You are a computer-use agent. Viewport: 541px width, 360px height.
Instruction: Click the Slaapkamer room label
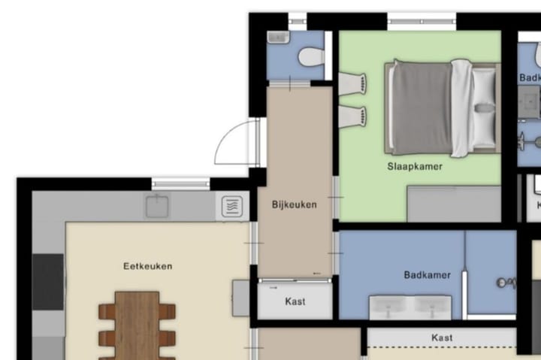coord(415,166)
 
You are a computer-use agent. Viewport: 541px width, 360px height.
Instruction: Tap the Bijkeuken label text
coord(294,204)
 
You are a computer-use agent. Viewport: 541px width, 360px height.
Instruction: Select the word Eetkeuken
coord(148,265)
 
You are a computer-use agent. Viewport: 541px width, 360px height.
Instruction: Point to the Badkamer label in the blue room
coord(427,275)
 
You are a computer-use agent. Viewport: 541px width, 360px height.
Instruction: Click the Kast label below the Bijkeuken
coord(295,301)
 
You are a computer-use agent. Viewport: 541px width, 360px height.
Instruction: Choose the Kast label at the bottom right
coord(442,337)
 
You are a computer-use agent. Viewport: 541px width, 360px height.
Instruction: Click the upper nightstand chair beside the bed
coord(353,83)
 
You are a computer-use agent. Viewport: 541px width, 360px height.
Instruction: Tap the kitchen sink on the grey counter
coord(157,204)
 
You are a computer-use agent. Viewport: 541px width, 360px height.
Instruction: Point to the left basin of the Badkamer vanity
coord(391,307)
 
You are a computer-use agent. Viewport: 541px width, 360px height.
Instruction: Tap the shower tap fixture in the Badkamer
coord(505,283)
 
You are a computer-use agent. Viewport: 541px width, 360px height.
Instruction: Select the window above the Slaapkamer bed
coord(422,21)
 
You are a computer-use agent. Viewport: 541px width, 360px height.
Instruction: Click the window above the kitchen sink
coord(180,183)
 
